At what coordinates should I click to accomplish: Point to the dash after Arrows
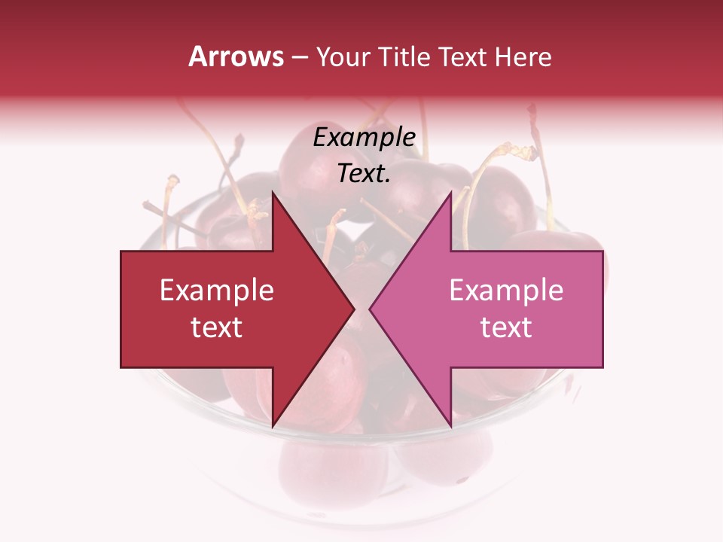(x=300, y=57)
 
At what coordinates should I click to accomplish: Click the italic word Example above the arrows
(x=365, y=138)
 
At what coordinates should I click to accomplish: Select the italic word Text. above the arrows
(x=365, y=174)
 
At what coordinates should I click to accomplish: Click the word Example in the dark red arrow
(x=217, y=290)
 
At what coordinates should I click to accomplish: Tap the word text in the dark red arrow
(x=217, y=327)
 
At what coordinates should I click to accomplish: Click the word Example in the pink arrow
(x=506, y=290)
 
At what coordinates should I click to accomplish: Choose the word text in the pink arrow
(x=506, y=327)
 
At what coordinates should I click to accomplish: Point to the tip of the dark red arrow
(x=355, y=309)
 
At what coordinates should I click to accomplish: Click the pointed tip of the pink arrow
(x=369, y=309)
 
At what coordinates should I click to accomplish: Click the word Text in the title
(x=462, y=56)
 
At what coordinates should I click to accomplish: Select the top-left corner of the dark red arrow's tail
(x=121, y=251)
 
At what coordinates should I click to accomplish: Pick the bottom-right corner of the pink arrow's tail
(x=602, y=367)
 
